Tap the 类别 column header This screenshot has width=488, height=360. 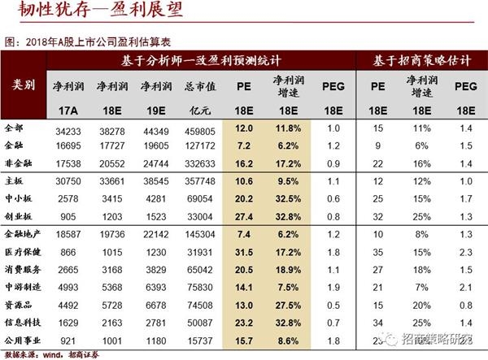[24, 85]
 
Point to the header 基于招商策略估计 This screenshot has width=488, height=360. [423, 62]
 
